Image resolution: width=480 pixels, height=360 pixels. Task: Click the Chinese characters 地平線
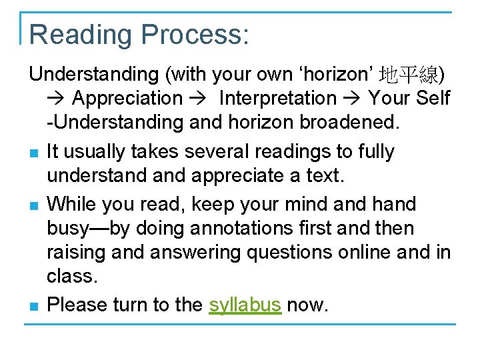(x=408, y=73)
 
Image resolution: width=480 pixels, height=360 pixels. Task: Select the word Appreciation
(x=127, y=99)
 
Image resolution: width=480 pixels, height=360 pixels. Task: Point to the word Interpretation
(x=278, y=99)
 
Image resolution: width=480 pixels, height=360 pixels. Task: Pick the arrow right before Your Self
(x=353, y=99)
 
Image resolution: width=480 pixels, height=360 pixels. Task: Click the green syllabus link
(x=245, y=305)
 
